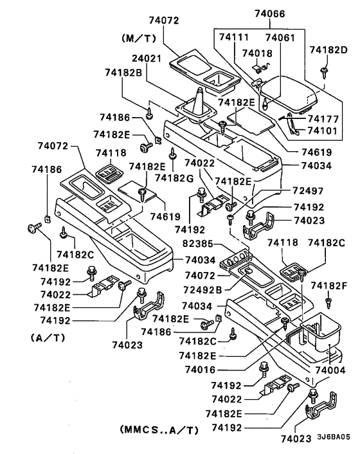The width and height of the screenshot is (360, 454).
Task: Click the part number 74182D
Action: point(329,50)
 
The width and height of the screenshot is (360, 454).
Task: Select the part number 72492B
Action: point(200,289)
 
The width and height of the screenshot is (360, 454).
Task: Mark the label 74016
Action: point(196,370)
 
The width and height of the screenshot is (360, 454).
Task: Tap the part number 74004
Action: point(331,370)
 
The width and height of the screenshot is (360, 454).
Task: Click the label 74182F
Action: point(329,284)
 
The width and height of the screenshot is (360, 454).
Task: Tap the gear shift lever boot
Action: point(198,106)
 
